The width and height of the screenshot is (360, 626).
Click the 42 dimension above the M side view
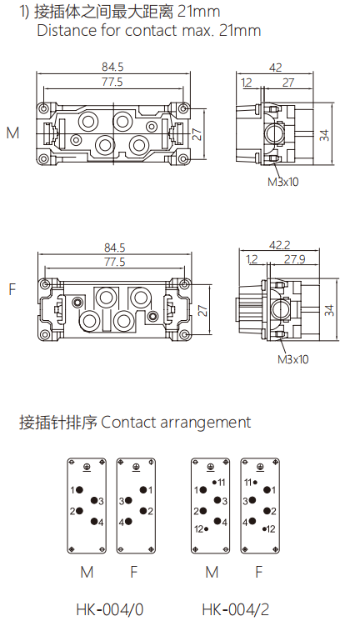pos(275,67)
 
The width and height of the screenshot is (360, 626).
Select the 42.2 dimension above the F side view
pos(279,246)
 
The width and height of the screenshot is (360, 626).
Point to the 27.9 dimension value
pos(293,260)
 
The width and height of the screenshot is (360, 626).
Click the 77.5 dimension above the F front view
pos(113,262)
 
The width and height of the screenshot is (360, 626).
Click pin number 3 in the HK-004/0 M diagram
pos(101,501)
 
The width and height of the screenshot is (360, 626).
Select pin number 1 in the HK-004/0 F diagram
pos(150,490)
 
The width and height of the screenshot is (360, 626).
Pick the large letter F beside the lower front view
pos(12,290)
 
